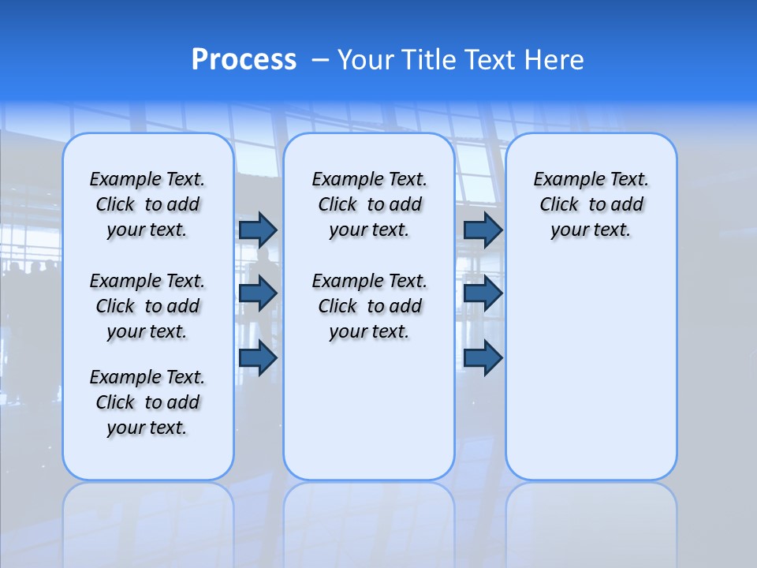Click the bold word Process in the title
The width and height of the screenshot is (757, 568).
click(x=244, y=60)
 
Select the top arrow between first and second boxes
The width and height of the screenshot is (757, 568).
click(x=258, y=230)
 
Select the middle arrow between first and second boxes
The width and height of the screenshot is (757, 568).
click(x=258, y=293)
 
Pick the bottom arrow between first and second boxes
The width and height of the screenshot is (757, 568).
click(x=258, y=357)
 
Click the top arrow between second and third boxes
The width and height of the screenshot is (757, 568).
click(x=483, y=230)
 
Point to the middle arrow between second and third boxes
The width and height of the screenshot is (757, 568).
click(x=483, y=293)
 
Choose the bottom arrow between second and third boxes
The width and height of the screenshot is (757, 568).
click(x=483, y=357)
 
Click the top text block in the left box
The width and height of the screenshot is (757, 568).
click(x=147, y=204)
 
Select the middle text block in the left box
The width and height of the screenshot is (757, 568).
click(x=147, y=306)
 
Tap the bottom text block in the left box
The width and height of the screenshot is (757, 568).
click(x=147, y=402)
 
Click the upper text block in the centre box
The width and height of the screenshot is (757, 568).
click(x=369, y=204)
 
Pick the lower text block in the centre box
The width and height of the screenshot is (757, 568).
click(x=369, y=306)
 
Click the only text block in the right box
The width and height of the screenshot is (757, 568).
click(x=591, y=204)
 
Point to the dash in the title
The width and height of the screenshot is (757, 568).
click(x=321, y=60)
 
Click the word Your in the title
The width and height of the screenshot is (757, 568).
click(x=365, y=60)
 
